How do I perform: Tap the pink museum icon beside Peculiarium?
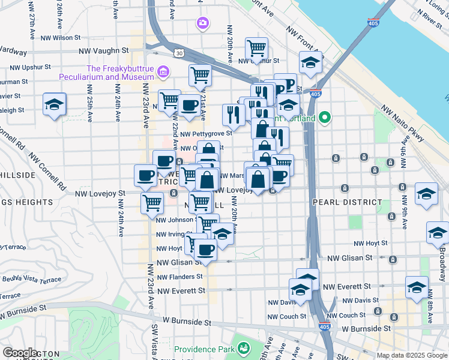point(161,73)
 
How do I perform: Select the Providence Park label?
point(204,349)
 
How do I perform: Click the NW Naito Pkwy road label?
point(400,127)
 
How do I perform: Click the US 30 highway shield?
point(179,53)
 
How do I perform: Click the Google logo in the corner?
point(20,353)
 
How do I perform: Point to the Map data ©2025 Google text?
point(412,355)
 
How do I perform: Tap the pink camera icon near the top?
point(203,23)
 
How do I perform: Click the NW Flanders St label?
point(177,277)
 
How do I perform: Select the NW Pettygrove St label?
point(205,134)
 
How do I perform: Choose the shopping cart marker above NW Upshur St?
point(256,48)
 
